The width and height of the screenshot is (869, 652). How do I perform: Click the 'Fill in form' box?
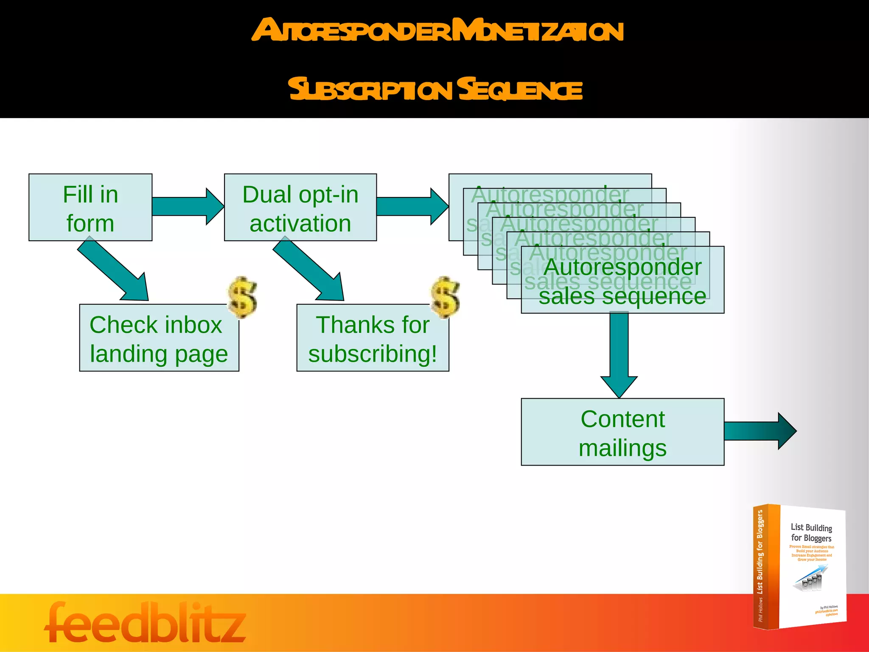pyautogui.click(x=90, y=208)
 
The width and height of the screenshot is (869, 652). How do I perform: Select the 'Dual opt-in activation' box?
pyautogui.click(x=300, y=208)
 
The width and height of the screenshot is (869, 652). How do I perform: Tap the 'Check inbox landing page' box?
pyautogui.click(x=159, y=338)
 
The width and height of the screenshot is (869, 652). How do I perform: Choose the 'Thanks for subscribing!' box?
pyautogui.click(x=372, y=338)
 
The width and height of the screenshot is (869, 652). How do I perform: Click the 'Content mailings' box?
pyautogui.click(x=622, y=432)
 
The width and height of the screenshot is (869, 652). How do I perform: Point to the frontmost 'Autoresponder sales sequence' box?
pyautogui.click(x=622, y=281)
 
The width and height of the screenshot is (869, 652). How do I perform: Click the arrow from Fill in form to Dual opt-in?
pyautogui.click(x=187, y=206)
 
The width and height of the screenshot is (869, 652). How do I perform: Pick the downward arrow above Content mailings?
pyautogui.click(x=619, y=352)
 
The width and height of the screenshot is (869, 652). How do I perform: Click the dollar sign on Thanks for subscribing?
pyautogui.click(x=445, y=298)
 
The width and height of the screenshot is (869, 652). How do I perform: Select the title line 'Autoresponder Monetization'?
pyautogui.click(x=437, y=31)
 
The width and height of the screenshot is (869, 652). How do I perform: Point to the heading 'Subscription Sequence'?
pyautogui.click(x=435, y=89)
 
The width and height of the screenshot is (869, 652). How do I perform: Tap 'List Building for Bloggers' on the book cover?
pyautogui.click(x=811, y=533)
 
